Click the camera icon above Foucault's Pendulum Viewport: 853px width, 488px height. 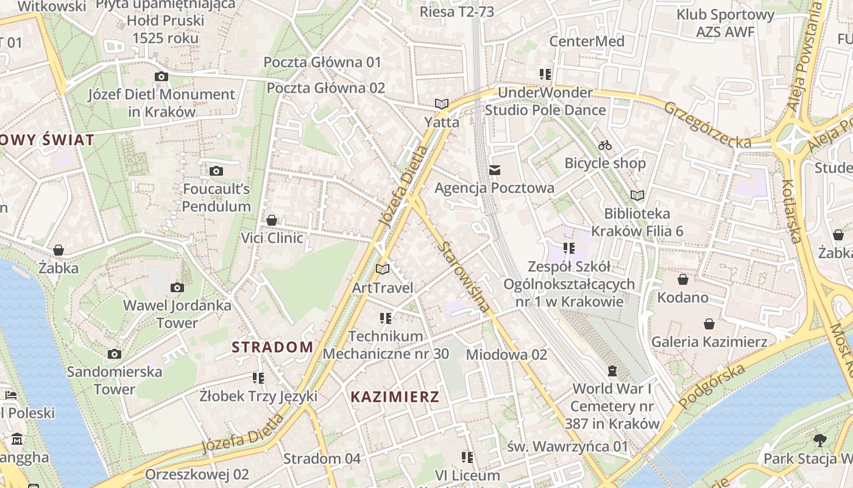[216, 171]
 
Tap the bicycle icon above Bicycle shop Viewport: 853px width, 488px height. [605, 146]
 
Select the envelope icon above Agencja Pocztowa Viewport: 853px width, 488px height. [494, 170]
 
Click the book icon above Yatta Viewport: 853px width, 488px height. [442, 104]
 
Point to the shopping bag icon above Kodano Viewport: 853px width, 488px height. [682, 279]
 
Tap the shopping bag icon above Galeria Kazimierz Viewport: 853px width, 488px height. [709, 323]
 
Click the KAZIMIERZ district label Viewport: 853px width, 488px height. [395, 396]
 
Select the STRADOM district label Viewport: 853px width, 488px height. [272, 347]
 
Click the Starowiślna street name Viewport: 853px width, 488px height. [464, 277]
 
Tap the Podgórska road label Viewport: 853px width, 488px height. [712, 387]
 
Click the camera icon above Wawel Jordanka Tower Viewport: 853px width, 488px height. [177, 287]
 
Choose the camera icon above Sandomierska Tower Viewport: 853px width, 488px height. [114, 354]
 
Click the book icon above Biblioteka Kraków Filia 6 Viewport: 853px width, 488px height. [637, 196]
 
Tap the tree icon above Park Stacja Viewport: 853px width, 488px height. [820, 440]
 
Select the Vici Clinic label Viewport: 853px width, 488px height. [272, 238]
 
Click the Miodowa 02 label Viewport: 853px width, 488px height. [506, 354]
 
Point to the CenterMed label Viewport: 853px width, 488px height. [587, 41]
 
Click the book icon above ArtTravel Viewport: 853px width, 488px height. [383, 269]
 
